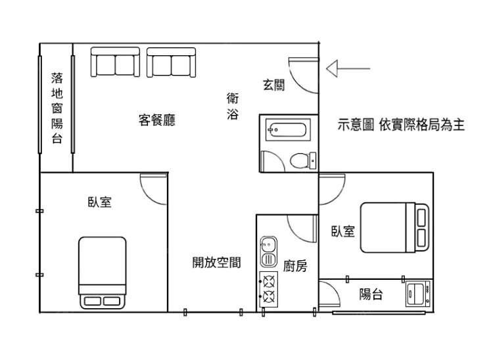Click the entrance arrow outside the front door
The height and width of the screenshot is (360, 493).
tap(348, 68)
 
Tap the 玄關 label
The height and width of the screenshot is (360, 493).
tap(274, 85)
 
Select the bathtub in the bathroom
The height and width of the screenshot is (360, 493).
tap(288, 129)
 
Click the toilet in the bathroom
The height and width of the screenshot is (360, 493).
tap(303, 160)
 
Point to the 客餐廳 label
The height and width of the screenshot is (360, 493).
tap(157, 120)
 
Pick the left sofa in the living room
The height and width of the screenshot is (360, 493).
tap(115, 62)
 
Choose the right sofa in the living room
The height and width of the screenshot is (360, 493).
tap(171, 62)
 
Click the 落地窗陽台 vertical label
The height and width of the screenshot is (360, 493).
tap(57, 108)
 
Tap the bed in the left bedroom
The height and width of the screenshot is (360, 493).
tap(102, 273)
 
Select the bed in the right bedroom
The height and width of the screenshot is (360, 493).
tap(394, 228)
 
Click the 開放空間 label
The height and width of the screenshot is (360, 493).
tap(217, 262)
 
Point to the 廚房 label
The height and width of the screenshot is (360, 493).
tap(295, 266)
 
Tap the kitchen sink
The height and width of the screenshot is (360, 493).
tap(268, 252)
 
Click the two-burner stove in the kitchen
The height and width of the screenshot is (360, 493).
tap(268, 289)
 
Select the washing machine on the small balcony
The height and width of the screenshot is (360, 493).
tap(418, 294)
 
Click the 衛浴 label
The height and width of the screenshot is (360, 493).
tap(233, 106)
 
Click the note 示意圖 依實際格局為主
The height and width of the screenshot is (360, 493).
tap(401, 125)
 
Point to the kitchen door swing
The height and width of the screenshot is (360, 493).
tap(302, 229)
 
